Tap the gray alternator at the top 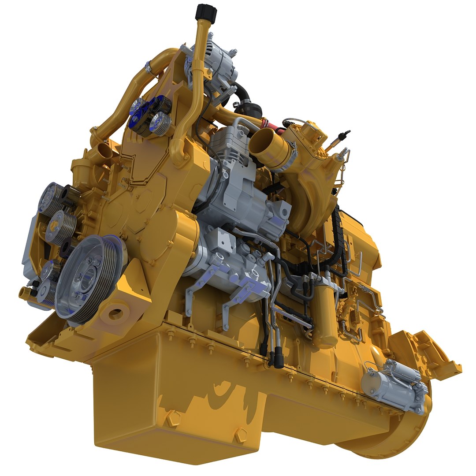tap(210, 66)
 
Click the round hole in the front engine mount tap(115, 314)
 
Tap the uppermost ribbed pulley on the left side tap(51, 198)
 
